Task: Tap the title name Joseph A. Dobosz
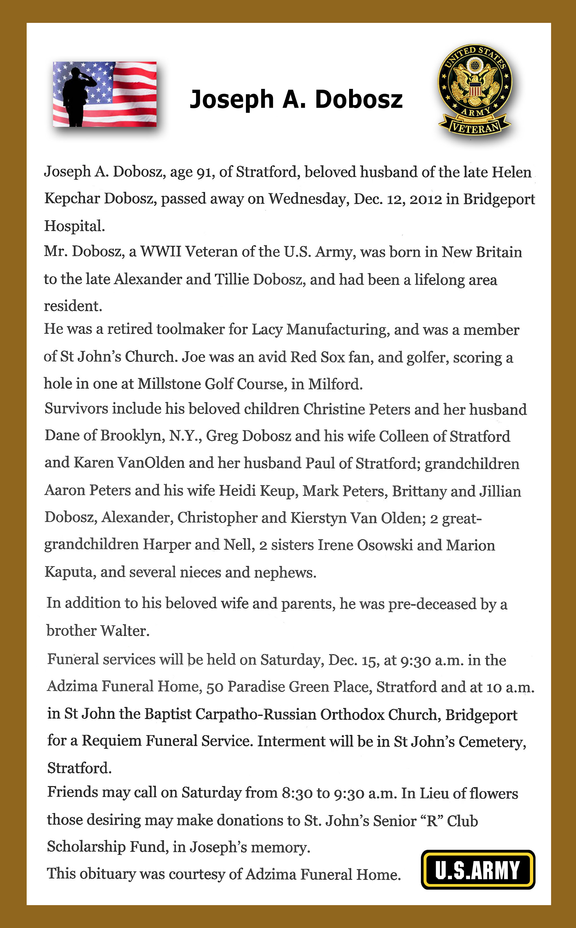[296, 99]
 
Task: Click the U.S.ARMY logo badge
[478, 870]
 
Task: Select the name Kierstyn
[318, 518]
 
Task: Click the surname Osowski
[384, 545]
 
